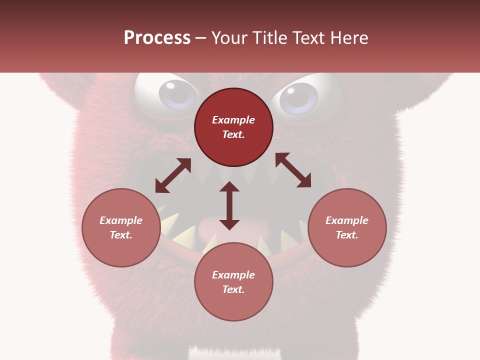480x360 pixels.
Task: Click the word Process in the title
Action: [x=157, y=38]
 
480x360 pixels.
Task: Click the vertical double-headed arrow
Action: [x=229, y=205]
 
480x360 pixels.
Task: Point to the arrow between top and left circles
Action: [x=173, y=175]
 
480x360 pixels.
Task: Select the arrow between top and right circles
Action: [x=293, y=170]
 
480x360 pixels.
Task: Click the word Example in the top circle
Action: [x=233, y=120]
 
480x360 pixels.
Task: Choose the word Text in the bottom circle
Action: [x=233, y=289]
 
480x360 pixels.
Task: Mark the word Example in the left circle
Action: [x=121, y=220]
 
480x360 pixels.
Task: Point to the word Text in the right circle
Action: [x=347, y=235]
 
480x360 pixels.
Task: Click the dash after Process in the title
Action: [x=200, y=38]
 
